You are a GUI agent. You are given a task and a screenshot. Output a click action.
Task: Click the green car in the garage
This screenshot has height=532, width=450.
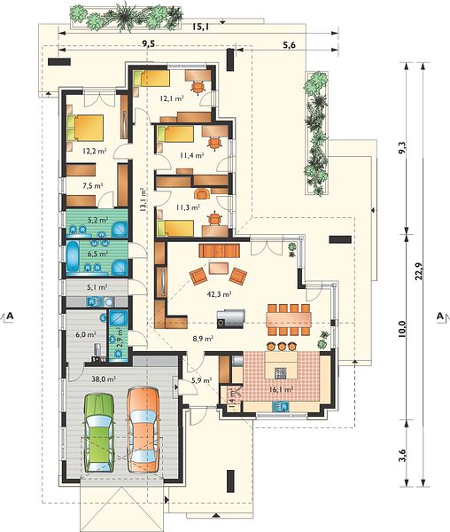tap(99, 433)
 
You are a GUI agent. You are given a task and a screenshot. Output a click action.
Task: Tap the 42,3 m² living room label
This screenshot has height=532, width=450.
tap(219, 294)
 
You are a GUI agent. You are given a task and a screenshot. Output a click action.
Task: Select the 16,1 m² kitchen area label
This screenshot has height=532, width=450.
tap(281, 390)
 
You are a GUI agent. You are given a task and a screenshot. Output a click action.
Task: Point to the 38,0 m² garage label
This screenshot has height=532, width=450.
tap(104, 379)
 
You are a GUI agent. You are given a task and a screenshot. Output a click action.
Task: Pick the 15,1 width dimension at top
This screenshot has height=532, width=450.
tap(200, 27)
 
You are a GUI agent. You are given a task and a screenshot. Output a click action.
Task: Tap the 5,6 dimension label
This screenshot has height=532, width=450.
tap(289, 45)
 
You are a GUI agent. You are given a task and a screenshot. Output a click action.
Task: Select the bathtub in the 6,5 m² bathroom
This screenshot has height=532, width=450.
tap(73, 256)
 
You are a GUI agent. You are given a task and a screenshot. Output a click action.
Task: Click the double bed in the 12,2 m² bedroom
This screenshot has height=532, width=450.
tap(85, 128)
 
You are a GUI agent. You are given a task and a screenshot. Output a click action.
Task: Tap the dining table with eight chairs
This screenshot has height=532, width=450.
tap(289, 319)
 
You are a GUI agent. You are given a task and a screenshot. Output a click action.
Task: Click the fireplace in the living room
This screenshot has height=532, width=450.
tap(231, 318)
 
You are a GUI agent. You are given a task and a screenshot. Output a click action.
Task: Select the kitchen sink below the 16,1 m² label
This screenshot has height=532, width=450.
tap(280, 406)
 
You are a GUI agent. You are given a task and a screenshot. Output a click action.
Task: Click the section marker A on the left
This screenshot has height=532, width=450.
tap(10, 316)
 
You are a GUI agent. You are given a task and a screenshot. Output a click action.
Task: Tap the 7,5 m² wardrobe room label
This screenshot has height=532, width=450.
tap(93, 185)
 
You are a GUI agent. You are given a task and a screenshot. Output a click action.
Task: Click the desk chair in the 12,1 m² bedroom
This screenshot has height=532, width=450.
tap(198, 87)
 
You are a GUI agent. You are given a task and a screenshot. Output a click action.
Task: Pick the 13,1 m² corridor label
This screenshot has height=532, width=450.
tap(144, 200)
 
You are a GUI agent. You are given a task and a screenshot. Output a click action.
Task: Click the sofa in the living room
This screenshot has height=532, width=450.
tap(220, 251)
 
